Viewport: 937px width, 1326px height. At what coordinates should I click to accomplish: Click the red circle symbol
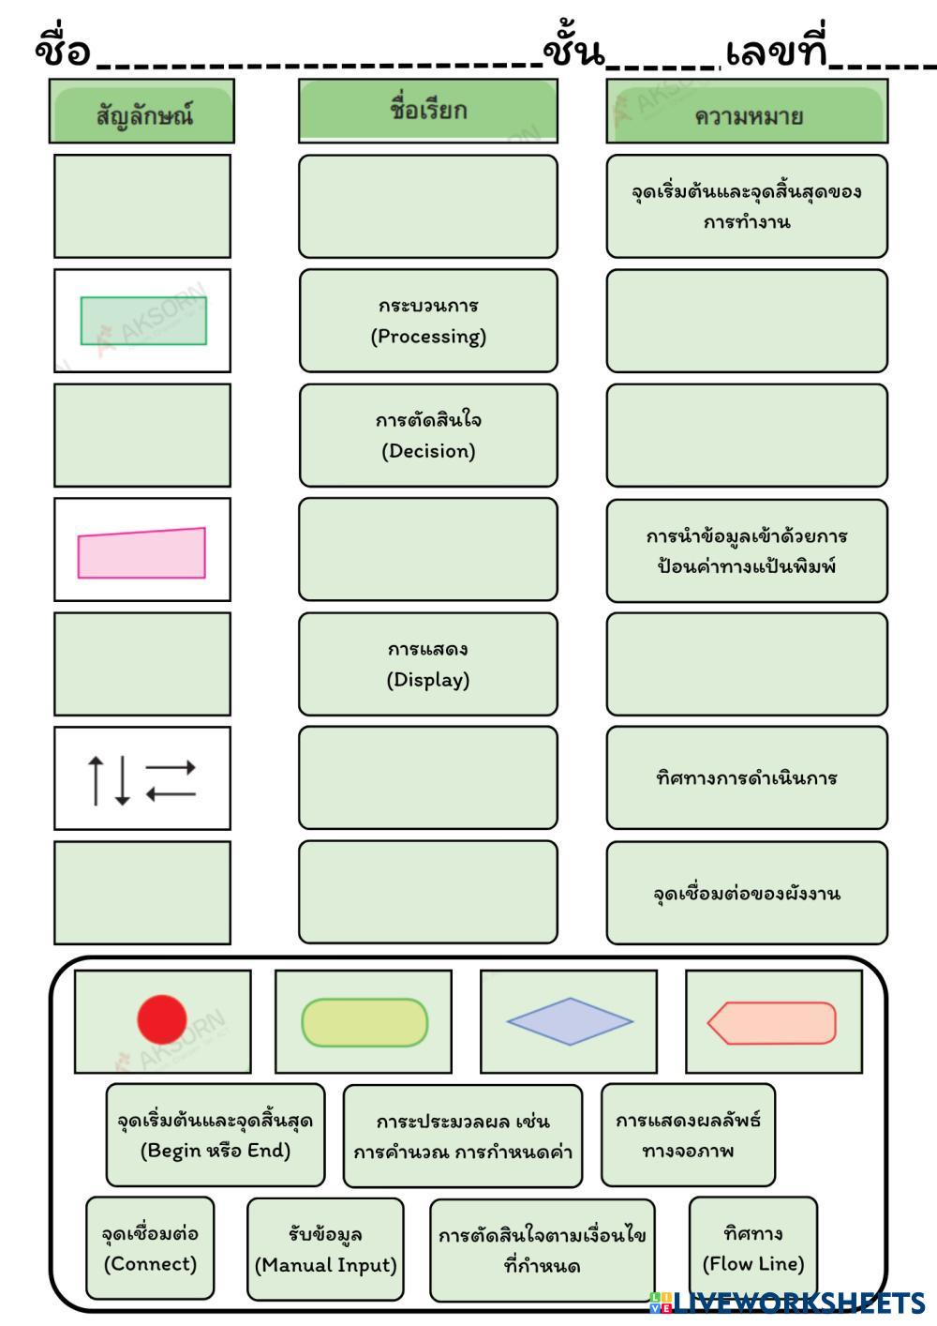click(x=162, y=1020)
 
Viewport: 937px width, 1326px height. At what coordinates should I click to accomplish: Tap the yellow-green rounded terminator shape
click(x=364, y=1022)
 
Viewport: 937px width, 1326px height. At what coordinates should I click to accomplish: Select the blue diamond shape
click(x=569, y=1021)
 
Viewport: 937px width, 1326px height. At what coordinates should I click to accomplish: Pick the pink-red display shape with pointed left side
click(x=772, y=1022)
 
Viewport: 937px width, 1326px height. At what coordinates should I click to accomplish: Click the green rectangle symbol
click(x=143, y=321)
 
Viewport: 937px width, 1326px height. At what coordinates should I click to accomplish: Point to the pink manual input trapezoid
click(x=141, y=552)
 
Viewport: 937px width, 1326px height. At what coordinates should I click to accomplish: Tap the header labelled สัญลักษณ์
click(x=142, y=113)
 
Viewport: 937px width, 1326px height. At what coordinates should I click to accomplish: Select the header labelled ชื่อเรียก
click(x=428, y=111)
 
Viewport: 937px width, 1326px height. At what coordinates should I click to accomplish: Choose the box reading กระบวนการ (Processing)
click(x=428, y=321)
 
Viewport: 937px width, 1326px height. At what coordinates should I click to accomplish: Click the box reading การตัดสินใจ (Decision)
click(x=428, y=435)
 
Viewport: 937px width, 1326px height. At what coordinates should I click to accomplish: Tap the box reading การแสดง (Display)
click(x=428, y=664)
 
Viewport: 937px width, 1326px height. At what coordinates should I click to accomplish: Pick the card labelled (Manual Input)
click(x=325, y=1249)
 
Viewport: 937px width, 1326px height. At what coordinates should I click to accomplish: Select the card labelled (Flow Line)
click(x=753, y=1248)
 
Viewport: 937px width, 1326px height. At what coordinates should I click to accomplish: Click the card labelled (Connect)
click(x=150, y=1248)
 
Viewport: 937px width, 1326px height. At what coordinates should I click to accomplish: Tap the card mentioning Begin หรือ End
click(x=216, y=1136)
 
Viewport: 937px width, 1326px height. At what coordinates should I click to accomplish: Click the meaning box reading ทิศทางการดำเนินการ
click(x=747, y=777)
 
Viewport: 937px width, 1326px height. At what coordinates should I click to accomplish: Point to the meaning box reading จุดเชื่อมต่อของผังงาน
click(x=747, y=893)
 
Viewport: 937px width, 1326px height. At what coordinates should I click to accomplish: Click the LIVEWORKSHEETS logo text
click(x=796, y=1303)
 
